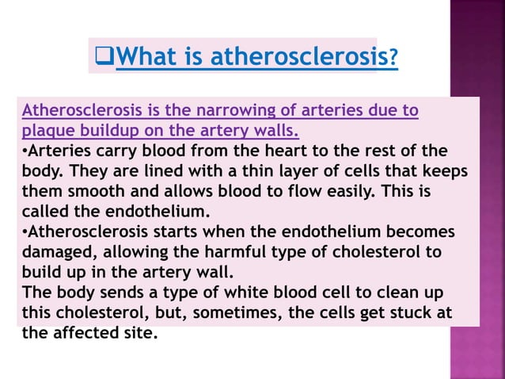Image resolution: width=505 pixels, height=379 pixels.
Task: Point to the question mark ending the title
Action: click(x=393, y=58)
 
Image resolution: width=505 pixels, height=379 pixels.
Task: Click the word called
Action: click(x=47, y=212)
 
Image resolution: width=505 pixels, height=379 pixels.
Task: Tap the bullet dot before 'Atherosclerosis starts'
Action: click(x=25, y=232)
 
